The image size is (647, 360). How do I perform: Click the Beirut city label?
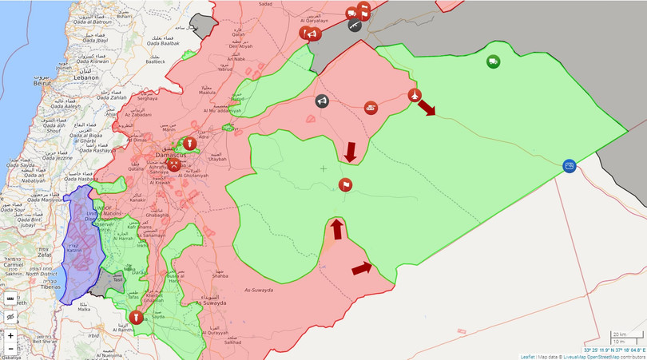coord(42,82)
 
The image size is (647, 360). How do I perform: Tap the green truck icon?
coord(493,61)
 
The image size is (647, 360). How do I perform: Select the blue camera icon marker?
coord(569,165)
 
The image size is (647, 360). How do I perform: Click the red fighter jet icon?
coord(415,96)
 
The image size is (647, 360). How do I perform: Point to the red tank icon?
coord(371,106)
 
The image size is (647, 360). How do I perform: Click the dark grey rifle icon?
coord(354,25)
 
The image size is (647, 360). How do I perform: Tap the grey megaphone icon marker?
coord(321,101)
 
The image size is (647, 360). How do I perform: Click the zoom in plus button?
coord(10,336)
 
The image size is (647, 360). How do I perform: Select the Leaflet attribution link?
coord(527,356)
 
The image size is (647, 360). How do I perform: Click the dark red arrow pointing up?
coord(337,228)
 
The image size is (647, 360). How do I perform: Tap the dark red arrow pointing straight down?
coord(350,152)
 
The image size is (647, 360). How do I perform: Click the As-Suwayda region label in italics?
coord(258,290)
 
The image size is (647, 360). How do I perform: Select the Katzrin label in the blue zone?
coord(74,251)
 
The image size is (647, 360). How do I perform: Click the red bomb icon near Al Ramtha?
coord(137,317)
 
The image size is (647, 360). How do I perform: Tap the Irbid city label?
coord(93,335)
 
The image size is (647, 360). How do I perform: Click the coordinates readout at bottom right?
coord(613,350)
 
